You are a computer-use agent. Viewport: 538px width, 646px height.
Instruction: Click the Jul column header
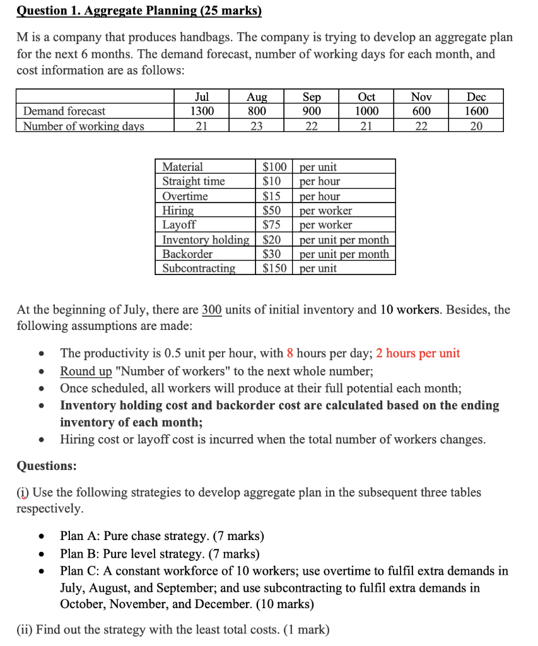coord(202,97)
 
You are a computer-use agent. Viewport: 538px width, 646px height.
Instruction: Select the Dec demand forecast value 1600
coord(476,111)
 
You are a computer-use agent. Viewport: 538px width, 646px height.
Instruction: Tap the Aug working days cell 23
coord(257,126)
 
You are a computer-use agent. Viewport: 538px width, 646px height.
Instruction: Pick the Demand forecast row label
coord(64,111)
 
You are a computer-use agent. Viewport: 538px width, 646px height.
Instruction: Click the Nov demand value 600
coord(421,111)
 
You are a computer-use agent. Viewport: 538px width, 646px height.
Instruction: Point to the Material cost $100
coord(274,167)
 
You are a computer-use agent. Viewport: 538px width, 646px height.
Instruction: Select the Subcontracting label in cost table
coord(199,268)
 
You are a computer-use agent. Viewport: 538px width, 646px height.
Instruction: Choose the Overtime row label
coord(185,196)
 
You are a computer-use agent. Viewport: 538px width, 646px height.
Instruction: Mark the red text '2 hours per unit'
coord(418,353)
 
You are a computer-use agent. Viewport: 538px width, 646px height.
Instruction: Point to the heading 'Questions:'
coord(47,466)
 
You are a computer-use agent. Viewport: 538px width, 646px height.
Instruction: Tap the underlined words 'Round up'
coord(86,371)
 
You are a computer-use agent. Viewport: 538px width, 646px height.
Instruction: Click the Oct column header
coord(366,97)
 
